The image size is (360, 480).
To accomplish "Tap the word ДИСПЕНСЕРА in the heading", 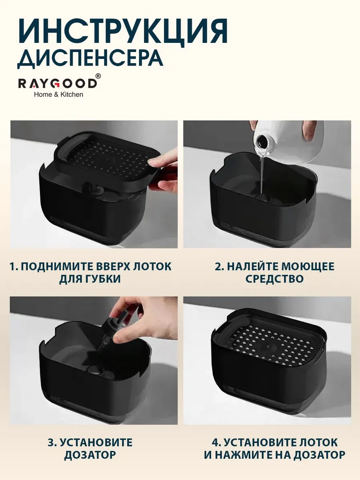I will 90,59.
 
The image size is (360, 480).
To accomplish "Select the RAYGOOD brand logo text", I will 57,83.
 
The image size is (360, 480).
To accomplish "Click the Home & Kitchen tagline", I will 58,94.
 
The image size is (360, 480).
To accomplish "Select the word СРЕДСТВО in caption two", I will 274,279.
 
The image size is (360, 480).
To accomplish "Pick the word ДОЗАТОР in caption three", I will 91,455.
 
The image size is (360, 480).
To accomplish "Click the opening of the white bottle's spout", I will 262,141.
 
